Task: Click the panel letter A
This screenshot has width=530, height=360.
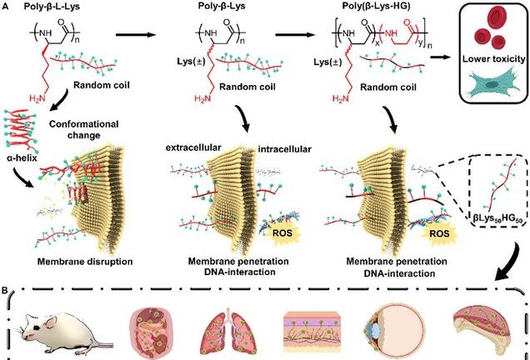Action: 7,7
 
